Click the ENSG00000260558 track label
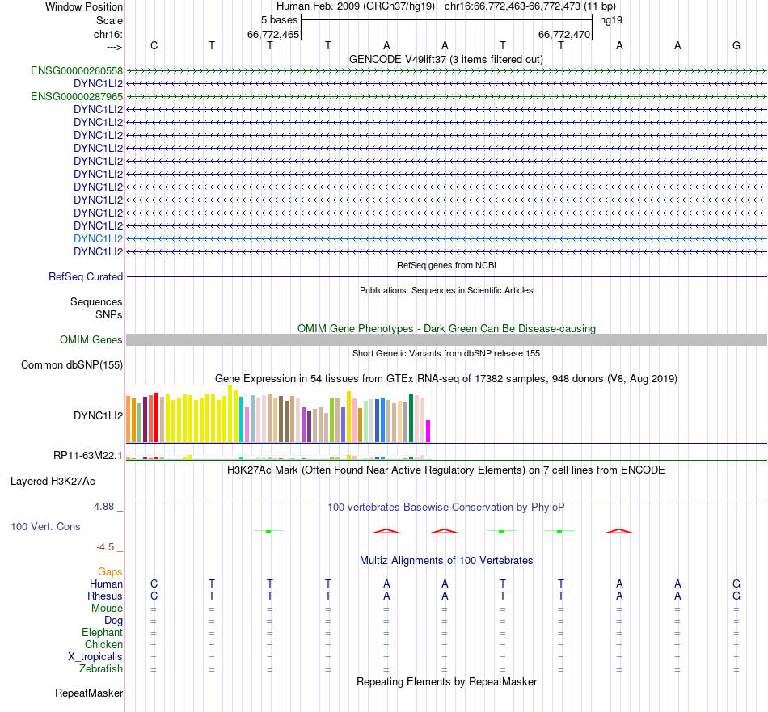(77, 70)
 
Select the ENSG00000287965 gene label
(77, 96)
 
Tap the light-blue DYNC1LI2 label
(98, 238)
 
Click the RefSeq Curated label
(86, 276)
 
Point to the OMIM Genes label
(91, 339)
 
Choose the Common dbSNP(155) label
(72, 364)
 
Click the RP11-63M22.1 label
(88, 455)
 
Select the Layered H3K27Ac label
(53, 481)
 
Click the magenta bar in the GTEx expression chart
(428, 431)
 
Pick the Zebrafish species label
(101, 668)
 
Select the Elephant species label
(102, 632)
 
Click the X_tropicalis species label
(95, 656)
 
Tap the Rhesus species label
(105, 596)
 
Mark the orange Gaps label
(110, 571)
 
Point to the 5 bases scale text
(279, 19)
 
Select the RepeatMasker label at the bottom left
(89, 693)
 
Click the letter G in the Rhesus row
(736, 596)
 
